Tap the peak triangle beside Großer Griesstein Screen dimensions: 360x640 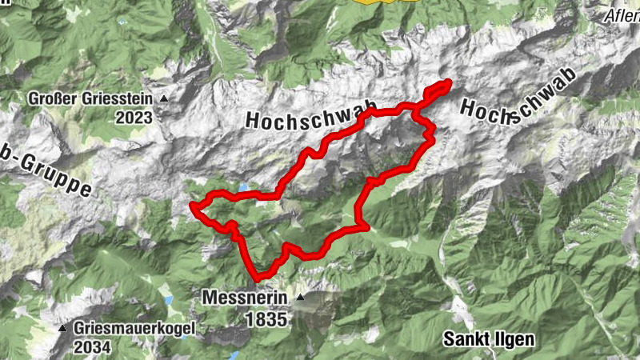(165, 99)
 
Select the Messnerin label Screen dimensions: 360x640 (245, 298)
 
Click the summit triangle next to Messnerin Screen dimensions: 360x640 (300, 298)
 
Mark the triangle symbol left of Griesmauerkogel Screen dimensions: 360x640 (62, 329)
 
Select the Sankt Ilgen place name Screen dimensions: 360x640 (488, 339)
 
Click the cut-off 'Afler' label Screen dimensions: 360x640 (622, 16)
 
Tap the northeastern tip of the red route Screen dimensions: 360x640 (450, 82)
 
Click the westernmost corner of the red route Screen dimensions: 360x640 (193, 207)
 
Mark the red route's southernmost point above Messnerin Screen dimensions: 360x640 (258, 278)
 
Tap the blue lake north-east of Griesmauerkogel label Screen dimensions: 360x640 (169, 300)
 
